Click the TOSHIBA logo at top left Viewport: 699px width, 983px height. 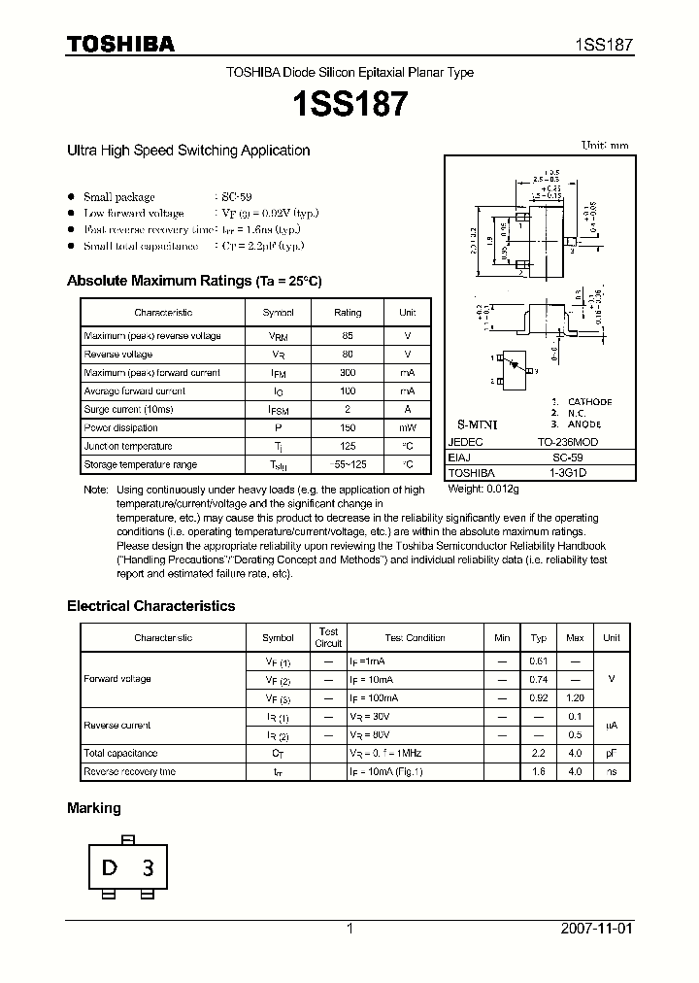pos(120,44)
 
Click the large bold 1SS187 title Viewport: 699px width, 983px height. pos(349,104)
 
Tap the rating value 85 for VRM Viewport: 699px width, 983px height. pos(348,336)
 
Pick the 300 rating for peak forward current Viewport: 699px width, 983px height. pos(348,373)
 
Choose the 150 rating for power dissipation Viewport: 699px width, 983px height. pos(348,428)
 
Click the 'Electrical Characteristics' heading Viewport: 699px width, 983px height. pos(150,606)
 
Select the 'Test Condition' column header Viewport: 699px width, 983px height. pos(415,638)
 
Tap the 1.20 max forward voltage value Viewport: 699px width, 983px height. pos(575,698)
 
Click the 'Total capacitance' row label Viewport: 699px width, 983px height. pos(120,754)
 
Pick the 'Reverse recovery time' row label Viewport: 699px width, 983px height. pos(129,772)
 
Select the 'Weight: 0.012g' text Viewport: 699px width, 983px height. pos(483,490)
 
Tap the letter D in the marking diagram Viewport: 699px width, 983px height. pos(110,867)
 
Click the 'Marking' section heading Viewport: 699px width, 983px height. pos(94,808)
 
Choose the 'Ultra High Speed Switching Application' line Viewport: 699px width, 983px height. pos(188,151)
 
